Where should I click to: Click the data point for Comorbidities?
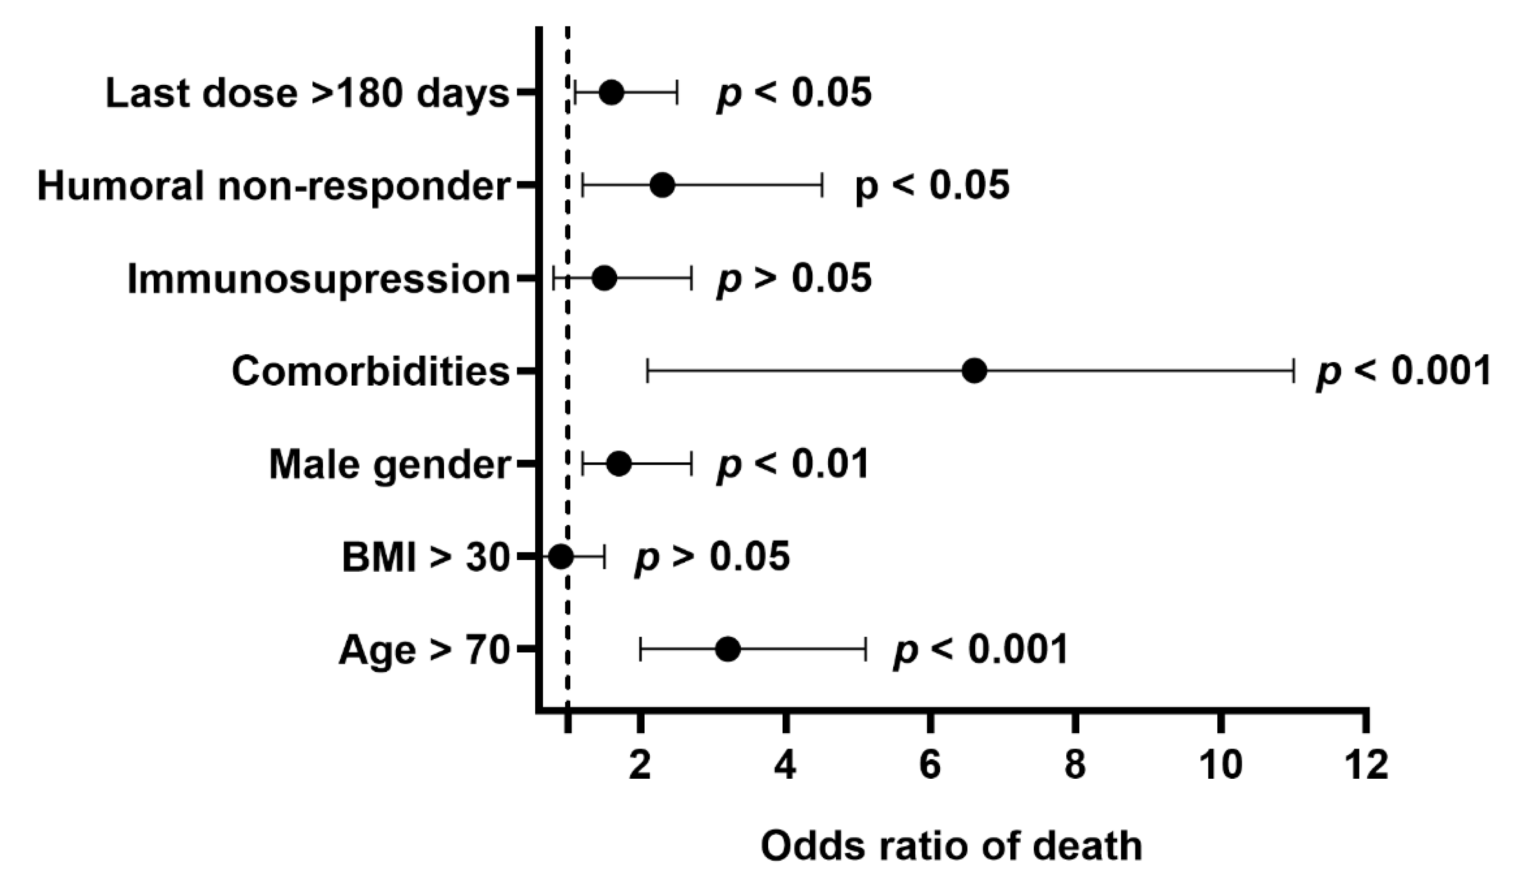(x=974, y=370)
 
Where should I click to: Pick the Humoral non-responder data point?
(x=663, y=185)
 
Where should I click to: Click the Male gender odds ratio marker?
(x=619, y=464)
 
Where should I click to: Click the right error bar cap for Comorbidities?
(x=1294, y=370)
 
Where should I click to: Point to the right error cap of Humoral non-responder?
(x=822, y=185)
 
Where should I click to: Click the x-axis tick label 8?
(x=1075, y=765)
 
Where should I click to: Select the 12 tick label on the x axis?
(x=1366, y=765)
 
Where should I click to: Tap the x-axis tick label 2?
(x=640, y=765)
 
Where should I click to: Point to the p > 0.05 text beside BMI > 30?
(x=712, y=556)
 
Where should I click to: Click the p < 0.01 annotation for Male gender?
(x=793, y=464)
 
